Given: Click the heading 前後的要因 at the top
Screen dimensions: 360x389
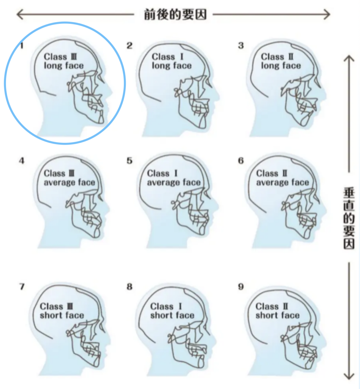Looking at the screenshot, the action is (x=175, y=14).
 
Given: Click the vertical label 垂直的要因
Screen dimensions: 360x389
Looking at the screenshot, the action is (x=349, y=218).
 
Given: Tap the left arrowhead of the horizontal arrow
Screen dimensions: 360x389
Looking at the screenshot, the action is (x=20, y=14).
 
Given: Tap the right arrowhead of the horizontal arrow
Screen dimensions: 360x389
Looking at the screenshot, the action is (x=327, y=14).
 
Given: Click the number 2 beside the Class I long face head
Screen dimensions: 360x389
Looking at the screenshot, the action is (x=129, y=46).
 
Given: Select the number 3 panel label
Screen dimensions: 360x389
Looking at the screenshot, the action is (x=241, y=46).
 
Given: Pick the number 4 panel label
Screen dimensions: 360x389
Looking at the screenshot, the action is (x=22, y=161).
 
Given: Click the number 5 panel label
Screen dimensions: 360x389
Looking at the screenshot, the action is (x=129, y=161).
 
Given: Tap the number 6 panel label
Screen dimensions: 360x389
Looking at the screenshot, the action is (x=241, y=161).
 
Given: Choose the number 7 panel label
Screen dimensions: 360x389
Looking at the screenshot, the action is (x=22, y=287).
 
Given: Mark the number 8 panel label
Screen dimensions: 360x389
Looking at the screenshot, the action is (x=129, y=287).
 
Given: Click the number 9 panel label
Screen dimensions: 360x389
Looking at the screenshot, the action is (x=241, y=287).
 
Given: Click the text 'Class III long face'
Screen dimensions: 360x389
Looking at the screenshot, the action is (x=64, y=61).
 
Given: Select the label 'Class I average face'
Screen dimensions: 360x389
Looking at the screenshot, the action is (x=174, y=178).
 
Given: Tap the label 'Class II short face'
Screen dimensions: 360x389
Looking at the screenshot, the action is (x=278, y=311).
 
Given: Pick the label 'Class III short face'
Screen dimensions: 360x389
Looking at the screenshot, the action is (x=62, y=311).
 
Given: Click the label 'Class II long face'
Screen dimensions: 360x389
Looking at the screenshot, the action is (x=281, y=61).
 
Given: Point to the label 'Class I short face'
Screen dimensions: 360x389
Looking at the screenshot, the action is (x=172, y=311).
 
